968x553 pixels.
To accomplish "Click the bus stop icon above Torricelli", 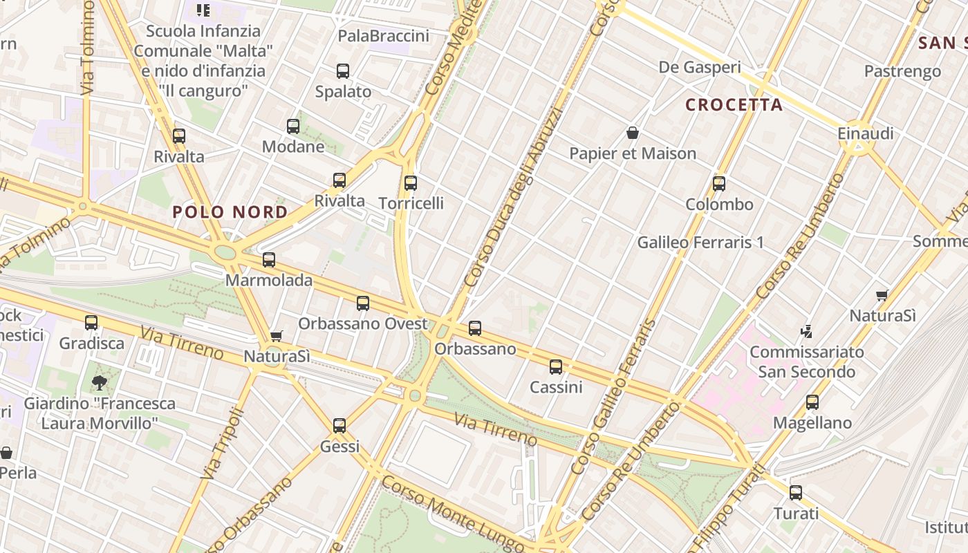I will point(411,183).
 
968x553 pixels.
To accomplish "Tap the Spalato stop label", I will point(343,91).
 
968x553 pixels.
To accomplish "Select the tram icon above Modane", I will point(293,126).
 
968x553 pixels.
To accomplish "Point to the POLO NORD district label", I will point(230,212).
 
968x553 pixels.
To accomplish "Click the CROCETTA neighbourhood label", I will point(734,105).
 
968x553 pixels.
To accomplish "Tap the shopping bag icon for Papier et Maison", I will point(632,133).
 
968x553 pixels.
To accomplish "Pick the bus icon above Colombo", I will point(719,184).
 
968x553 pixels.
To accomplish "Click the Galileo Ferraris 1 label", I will point(700,243).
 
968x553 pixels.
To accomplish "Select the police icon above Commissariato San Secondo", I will point(806,332).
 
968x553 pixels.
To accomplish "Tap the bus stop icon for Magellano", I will point(812,402).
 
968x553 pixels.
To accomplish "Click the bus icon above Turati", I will point(796,493).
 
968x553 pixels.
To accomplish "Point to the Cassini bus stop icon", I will point(556,367).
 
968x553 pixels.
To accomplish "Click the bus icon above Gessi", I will point(339,426).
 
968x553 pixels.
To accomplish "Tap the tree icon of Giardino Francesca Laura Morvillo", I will point(100,382).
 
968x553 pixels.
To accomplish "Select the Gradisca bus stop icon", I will point(91,323).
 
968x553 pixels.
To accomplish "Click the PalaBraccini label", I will point(383,36).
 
